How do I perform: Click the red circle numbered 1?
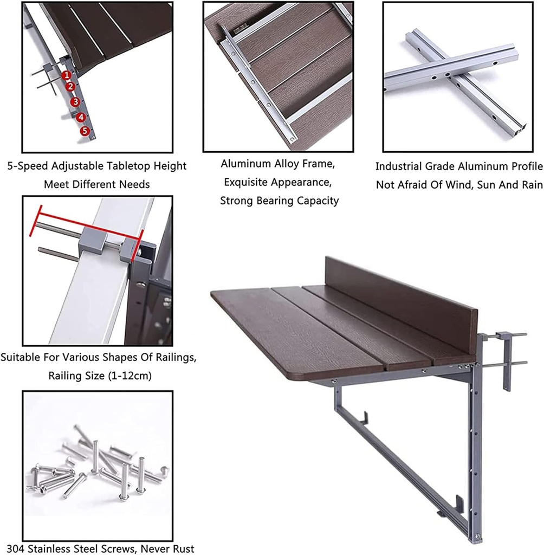66,75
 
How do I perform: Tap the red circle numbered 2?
70,87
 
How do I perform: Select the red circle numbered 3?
75,101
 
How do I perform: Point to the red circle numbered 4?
81,117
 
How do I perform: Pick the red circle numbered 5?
85,131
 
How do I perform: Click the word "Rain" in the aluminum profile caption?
530,185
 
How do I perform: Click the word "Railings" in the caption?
176,358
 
